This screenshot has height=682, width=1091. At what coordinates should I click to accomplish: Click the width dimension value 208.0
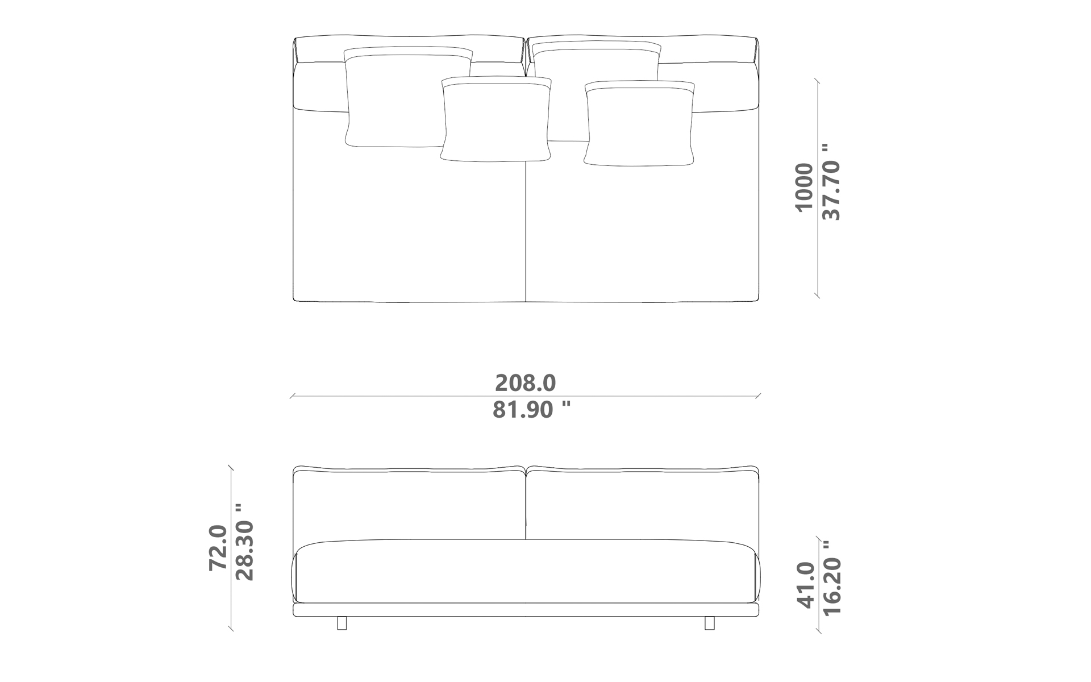click(525, 383)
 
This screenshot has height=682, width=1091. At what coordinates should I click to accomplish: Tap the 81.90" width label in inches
click(531, 409)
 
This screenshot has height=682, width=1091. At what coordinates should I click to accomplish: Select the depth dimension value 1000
click(804, 187)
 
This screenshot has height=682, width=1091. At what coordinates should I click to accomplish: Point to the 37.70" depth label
click(831, 181)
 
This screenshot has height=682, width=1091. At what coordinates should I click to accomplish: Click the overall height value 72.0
click(218, 548)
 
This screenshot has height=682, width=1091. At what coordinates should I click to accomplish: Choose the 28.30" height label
click(244, 542)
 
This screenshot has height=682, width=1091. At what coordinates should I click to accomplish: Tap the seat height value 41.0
click(806, 585)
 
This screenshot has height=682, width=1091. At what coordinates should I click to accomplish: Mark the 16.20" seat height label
click(831, 577)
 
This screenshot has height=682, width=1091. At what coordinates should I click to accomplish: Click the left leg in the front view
click(342, 623)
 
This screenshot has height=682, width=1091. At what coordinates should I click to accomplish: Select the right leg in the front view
click(709, 623)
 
